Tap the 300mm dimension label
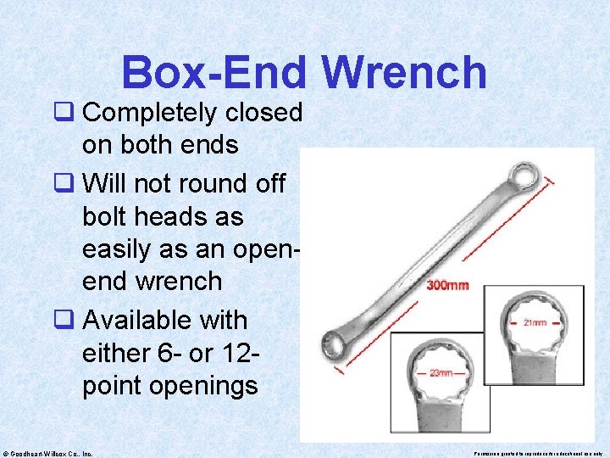447,285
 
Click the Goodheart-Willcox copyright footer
48,453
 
